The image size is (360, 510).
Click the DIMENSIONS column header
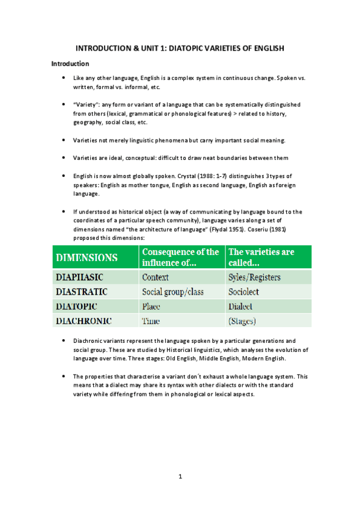click(x=87, y=257)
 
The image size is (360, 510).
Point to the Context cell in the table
click(x=155, y=278)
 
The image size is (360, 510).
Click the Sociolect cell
click(x=245, y=292)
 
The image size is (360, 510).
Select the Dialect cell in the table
click(x=240, y=307)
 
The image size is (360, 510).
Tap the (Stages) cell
click(x=242, y=321)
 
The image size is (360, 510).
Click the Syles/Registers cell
click(x=255, y=278)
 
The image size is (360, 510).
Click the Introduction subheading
click(x=70, y=63)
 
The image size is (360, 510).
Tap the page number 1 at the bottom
click(x=180, y=477)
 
